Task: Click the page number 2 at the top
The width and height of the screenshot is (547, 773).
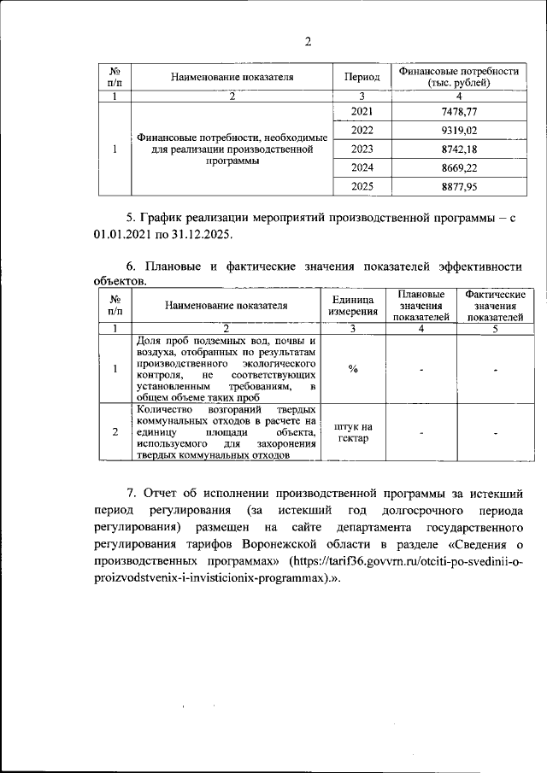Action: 309,42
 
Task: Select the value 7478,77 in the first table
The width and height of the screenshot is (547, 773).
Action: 459,112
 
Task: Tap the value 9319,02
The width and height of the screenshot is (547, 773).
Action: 459,130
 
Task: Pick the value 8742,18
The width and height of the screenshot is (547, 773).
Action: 459,149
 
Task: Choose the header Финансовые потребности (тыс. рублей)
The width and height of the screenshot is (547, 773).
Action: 459,77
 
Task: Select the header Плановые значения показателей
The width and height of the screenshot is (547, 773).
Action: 421,305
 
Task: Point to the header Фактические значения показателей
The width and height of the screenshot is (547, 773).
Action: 495,305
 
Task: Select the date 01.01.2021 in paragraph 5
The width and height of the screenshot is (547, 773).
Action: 121,233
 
